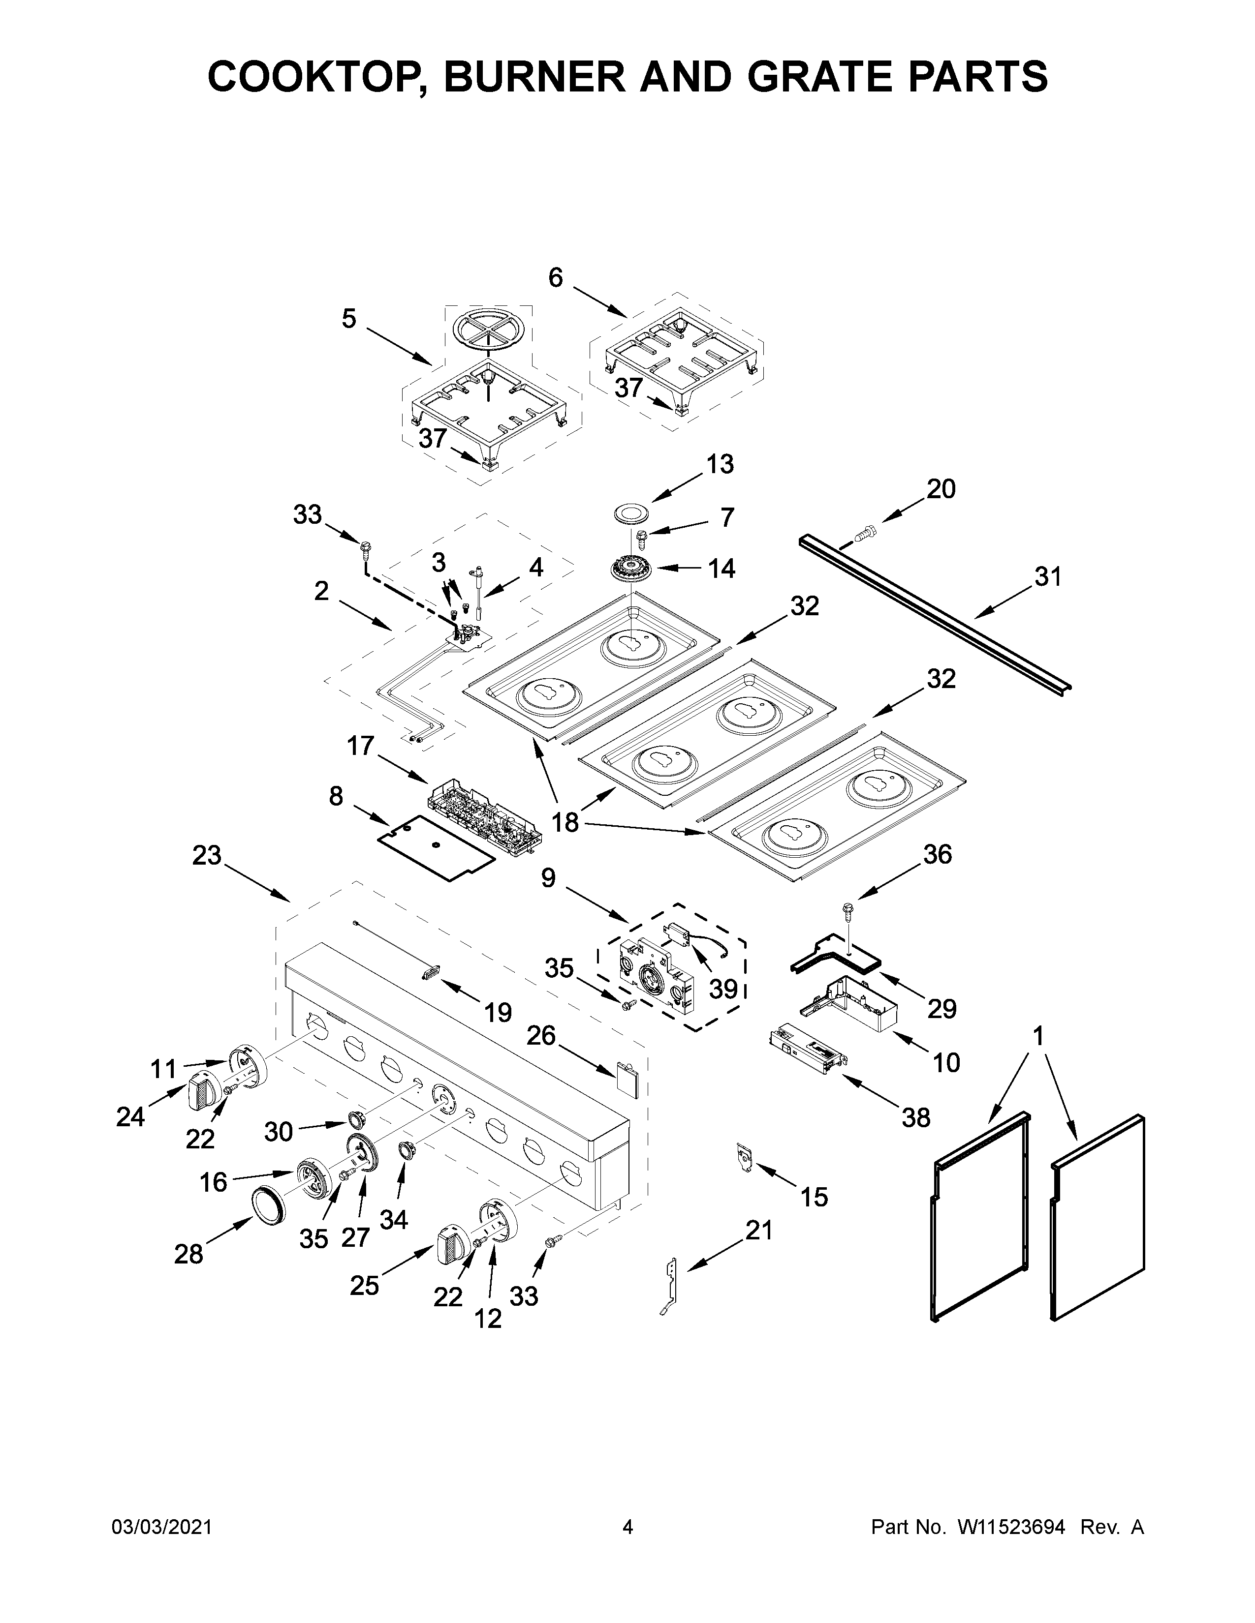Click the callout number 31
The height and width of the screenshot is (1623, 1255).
pos(1048,577)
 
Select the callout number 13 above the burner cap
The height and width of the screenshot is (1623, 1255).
pos(719,464)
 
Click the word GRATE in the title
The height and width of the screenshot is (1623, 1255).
pos(778,77)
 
